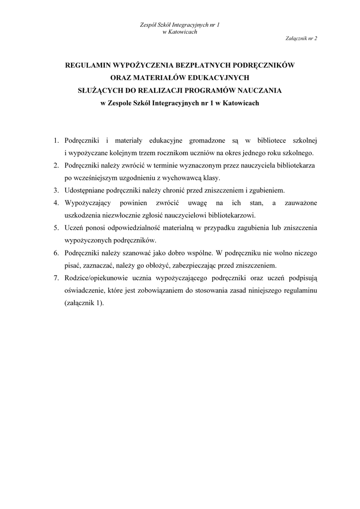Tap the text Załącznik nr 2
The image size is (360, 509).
302,38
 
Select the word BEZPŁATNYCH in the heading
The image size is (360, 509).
193,65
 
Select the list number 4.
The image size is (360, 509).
57,203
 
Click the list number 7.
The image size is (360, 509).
57,278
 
